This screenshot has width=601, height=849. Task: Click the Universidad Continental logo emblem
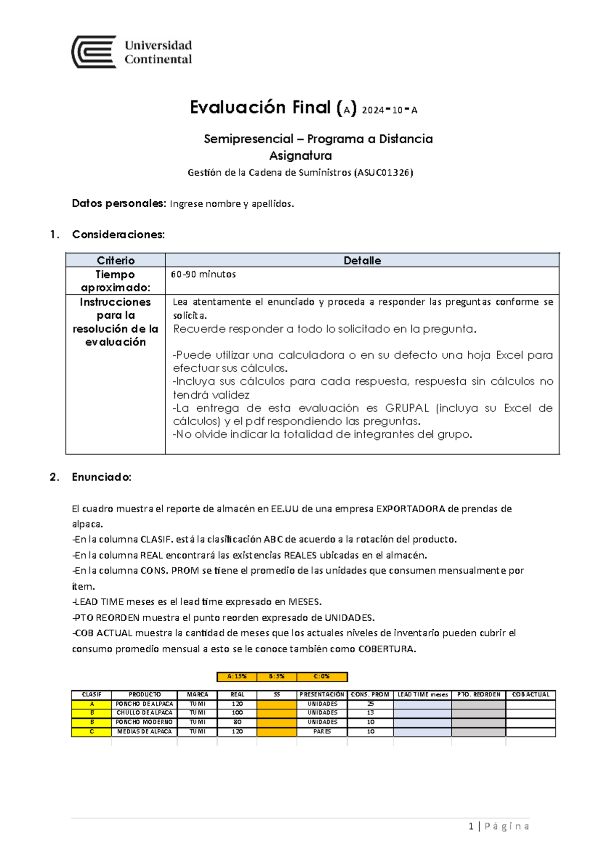[94, 52]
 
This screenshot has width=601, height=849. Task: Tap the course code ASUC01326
[383, 173]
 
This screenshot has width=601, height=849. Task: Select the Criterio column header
[116, 260]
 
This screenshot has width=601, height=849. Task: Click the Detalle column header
[362, 260]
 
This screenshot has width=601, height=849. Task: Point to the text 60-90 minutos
[203, 274]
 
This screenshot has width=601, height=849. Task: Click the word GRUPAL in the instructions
[407, 408]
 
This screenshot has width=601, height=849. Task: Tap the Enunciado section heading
[102, 477]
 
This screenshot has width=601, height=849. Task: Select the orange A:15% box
[237, 676]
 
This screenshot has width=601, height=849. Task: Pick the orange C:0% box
[322, 676]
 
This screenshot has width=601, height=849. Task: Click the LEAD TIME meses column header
[422, 694]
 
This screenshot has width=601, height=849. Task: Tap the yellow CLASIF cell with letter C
[92, 731]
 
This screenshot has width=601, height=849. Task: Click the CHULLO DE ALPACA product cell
[144, 712]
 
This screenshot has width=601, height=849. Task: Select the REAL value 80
[237, 722]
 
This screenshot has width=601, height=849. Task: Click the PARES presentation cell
[322, 731]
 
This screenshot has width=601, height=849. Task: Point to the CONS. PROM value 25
[370, 703]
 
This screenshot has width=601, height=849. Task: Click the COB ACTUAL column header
[530, 694]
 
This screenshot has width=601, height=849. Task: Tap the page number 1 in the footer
[471, 826]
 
